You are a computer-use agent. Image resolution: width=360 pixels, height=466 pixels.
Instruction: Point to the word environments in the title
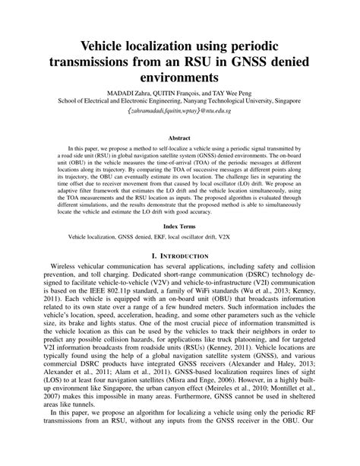click(179, 78)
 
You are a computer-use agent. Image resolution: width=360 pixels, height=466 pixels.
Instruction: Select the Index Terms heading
click(179, 227)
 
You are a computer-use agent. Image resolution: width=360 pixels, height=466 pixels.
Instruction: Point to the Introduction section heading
click(179, 259)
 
